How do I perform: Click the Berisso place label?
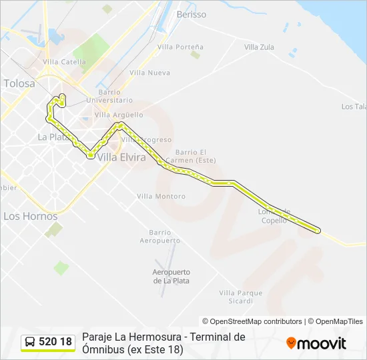click(192, 14)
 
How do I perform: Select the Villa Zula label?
click(259, 47)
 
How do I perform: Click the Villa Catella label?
click(64, 62)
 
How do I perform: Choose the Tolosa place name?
click(19, 84)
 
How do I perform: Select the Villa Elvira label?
click(121, 158)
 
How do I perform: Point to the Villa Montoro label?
click(161, 196)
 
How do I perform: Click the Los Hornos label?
click(31, 216)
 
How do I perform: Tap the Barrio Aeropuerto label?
click(160, 236)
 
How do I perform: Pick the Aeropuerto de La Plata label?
click(171, 276)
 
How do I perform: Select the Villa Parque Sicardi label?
click(240, 297)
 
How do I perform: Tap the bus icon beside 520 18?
click(30, 342)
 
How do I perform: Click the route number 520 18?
click(55, 342)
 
